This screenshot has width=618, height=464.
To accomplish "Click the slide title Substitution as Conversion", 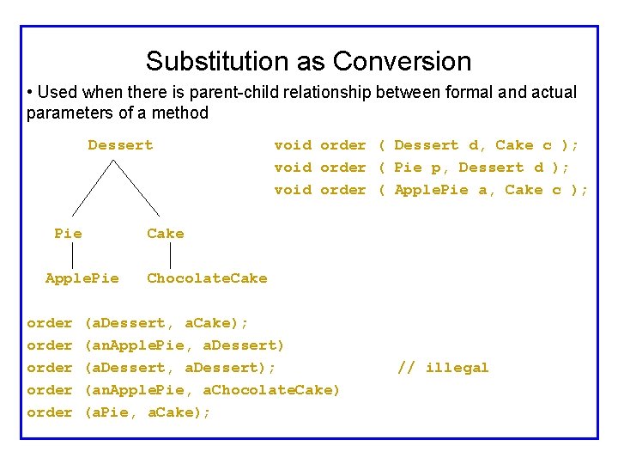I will click(308, 61).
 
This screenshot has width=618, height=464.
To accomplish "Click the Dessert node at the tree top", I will click(120, 145).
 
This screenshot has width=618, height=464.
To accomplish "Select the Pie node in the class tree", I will click(68, 233).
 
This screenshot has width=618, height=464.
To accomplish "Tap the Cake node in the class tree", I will click(165, 233).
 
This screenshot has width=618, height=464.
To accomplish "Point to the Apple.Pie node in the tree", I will click(82, 278).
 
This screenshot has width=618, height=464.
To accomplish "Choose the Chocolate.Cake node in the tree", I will click(207, 278).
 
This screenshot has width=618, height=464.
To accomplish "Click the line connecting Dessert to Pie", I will click(93, 186).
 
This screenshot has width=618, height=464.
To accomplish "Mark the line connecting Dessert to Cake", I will click(137, 186).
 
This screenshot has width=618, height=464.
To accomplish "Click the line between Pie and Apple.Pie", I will click(72, 255).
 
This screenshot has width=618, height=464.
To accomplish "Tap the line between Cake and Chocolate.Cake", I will click(171, 255).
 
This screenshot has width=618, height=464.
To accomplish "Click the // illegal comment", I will click(443, 368).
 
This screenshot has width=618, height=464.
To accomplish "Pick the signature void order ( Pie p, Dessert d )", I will click(422, 168).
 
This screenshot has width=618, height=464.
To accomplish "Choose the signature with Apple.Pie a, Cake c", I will click(431, 190).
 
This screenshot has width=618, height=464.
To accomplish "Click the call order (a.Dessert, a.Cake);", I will click(137, 323).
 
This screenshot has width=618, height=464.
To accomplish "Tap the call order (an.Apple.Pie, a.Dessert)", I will click(155, 345).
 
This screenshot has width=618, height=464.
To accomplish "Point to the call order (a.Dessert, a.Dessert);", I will click(151, 368).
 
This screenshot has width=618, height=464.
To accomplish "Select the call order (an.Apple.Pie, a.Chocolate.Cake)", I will click(183, 390).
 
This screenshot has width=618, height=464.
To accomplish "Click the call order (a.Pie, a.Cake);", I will click(118, 412).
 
